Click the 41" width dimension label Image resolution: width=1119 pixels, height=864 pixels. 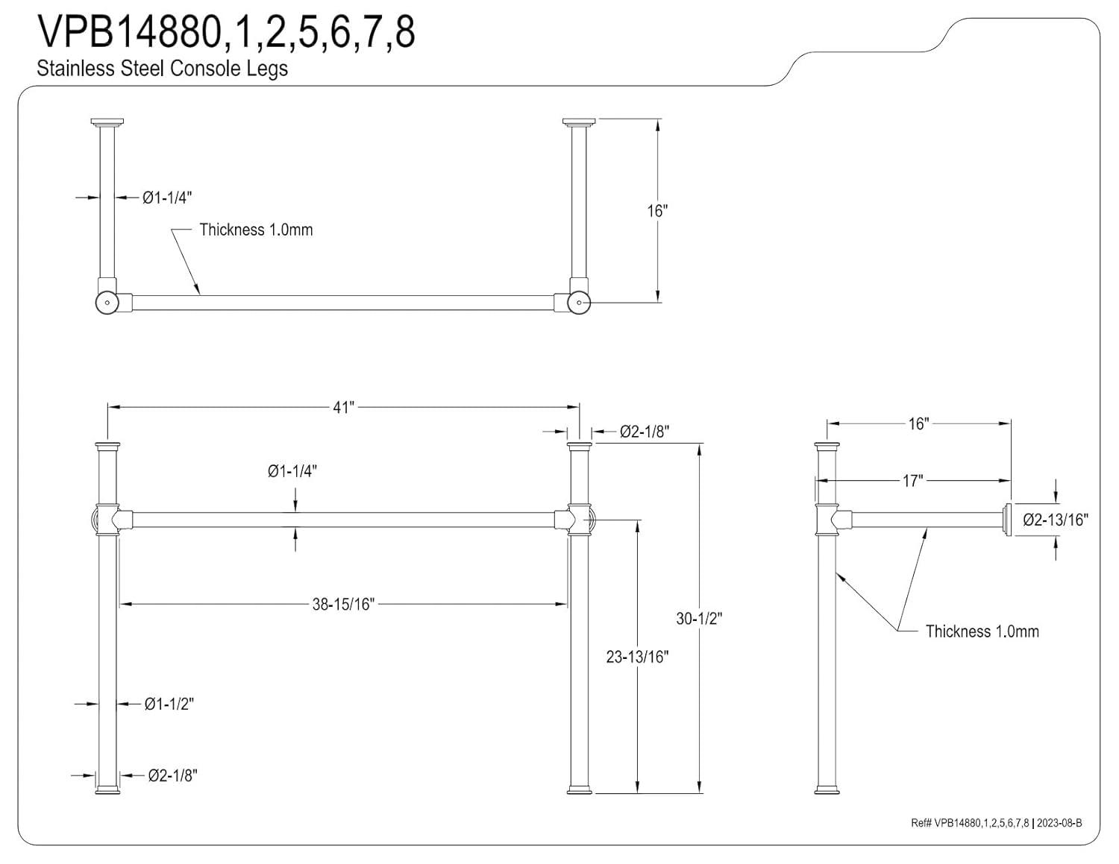[x=343, y=408]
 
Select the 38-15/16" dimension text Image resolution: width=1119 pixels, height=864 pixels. [x=342, y=604]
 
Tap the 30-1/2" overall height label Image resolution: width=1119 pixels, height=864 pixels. [x=699, y=618]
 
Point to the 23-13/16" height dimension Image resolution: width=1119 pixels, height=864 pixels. [x=637, y=657]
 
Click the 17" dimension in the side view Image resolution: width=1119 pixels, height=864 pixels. [x=912, y=481]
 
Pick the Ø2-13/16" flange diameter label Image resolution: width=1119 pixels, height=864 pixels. [x=1055, y=520]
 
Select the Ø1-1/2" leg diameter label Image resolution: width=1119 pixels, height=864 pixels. [x=169, y=704]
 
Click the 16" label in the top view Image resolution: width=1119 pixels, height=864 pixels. [x=656, y=211]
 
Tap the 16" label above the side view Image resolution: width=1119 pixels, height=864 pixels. [x=918, y=423]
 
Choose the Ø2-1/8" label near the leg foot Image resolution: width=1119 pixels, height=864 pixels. [x=172, y=776]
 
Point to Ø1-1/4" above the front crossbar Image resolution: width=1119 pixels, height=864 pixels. [x=293, y=471]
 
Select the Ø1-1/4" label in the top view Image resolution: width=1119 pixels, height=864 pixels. [x=168, y=198]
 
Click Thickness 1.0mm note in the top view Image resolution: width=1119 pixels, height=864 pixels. [x=256, y=230]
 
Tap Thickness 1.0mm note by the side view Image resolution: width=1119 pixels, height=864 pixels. [x=982, y=631]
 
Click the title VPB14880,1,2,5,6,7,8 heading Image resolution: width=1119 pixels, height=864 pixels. [x=226, y=33]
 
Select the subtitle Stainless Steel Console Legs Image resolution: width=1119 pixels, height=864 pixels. [x=162, y=69]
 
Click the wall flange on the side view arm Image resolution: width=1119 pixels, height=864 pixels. [x=1007, y=519]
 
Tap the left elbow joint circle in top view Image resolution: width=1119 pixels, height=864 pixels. [x=107, y=303]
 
